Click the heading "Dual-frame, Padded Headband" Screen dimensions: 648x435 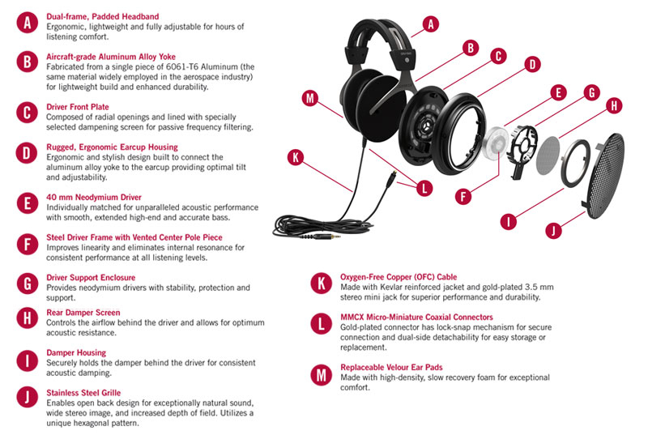click(103, 16)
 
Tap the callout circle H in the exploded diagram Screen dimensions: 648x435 click(614, 106)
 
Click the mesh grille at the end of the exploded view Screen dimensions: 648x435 click(603, 175)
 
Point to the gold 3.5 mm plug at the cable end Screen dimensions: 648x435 click(327, 237)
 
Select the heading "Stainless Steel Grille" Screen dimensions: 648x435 click(83, 393)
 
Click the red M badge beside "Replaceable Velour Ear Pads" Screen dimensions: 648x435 click(321, 376)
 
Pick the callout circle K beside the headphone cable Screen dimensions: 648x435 click(296, 157)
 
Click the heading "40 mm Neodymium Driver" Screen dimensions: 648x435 click(94, 198)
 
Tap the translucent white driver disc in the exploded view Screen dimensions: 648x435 click(496, 143)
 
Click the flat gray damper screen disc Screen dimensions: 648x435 click(548, 156)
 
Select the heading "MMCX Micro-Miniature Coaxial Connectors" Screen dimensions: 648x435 click(416, 318)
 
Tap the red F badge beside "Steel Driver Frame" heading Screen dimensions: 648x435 click(28, 244)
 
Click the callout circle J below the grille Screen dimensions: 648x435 click(553, 231)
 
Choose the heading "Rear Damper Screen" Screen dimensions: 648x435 click(83, 313)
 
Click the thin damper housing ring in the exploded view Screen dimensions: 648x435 click(575, 163)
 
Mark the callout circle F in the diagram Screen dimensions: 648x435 click(463, 196)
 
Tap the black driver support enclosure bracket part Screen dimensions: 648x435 click(523, 151)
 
